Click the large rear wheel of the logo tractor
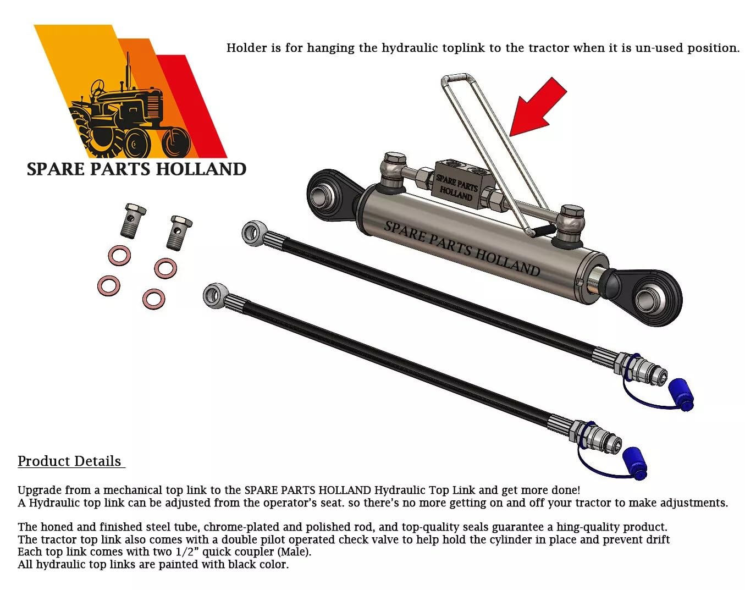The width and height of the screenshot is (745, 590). (103, 132)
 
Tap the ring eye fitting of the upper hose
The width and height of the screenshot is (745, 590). (253, 233)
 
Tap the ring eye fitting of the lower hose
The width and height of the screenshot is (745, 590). (215, 295)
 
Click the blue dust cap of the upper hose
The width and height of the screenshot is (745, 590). (681, 394)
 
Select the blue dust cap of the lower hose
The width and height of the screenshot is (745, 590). (634, 462)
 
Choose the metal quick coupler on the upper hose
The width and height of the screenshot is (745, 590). (641, 368)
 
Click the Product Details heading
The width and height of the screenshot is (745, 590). (70, 461)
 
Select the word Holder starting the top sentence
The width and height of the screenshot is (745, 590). (246, 48)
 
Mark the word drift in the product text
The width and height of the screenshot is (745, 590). (656, 539)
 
